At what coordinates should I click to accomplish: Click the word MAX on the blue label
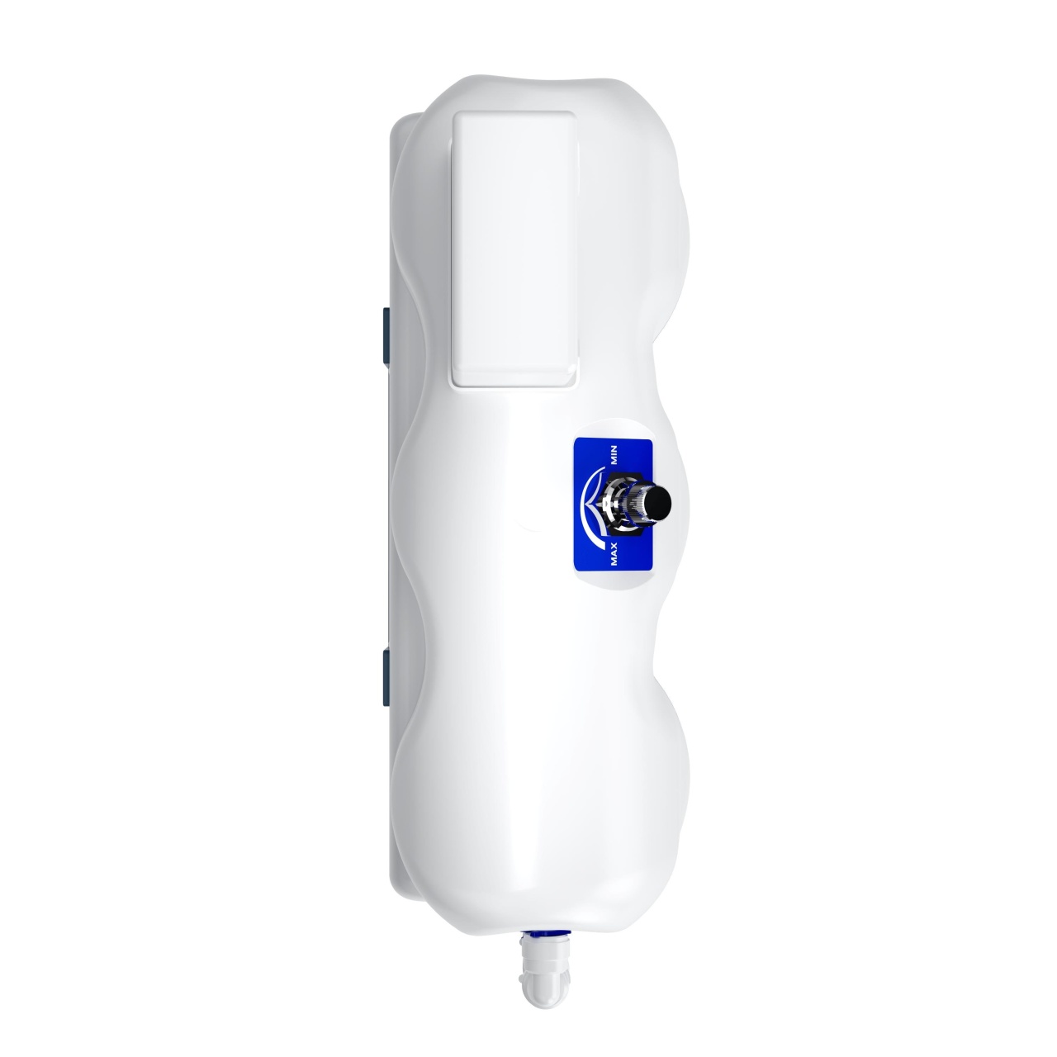(x=614, y=553)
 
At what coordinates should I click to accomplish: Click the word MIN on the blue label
(x=614, y=455)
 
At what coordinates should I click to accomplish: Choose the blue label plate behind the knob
(x=614, y=504)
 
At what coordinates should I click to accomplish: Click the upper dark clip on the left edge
(x=386, y=335)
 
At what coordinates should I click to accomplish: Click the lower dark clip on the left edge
(x=386, y=676)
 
